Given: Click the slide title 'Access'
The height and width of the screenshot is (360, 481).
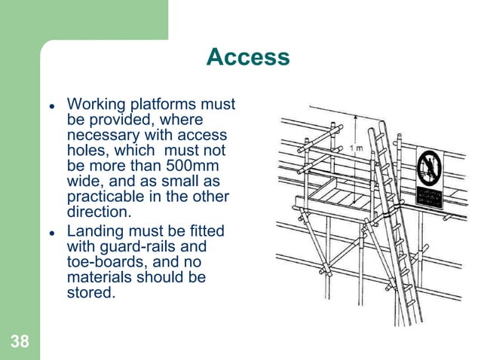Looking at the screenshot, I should (247, 58).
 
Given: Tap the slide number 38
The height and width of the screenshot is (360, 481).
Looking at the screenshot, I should (20, 342).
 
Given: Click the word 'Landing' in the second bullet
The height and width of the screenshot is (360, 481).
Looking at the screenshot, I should (96, 230).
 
